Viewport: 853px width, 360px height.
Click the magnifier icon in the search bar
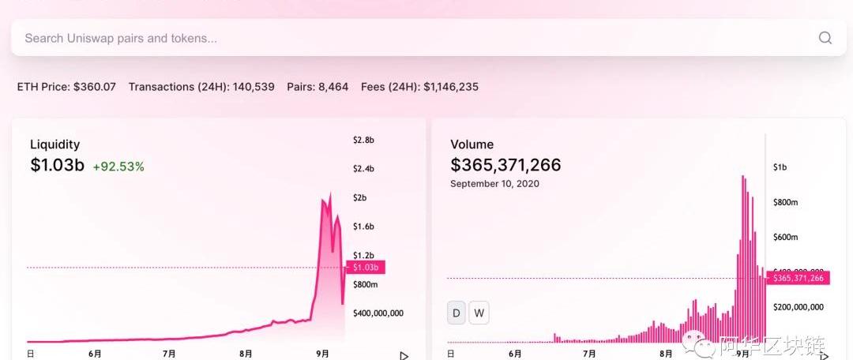click(825, 38)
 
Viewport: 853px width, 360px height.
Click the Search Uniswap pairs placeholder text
click(121, 38)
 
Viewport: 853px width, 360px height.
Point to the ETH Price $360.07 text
click(66, 87)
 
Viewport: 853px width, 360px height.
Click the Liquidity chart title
click(54, 144)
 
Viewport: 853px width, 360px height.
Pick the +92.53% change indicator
click(118, 167)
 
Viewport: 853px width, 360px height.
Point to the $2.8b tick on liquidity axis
click(363, 140)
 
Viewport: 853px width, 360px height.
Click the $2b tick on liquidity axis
click(359, 197)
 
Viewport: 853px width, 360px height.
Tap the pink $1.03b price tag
click(366, 268)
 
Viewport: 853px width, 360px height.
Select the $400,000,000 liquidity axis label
click(378, 313)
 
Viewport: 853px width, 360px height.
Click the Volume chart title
click(472, 144)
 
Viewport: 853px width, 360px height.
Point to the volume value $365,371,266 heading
click(505, 165)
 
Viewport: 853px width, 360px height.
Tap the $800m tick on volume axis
click(786, 202)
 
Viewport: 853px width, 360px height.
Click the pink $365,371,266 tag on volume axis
click(798, 278)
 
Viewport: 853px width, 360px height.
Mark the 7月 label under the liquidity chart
click(169, 354)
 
